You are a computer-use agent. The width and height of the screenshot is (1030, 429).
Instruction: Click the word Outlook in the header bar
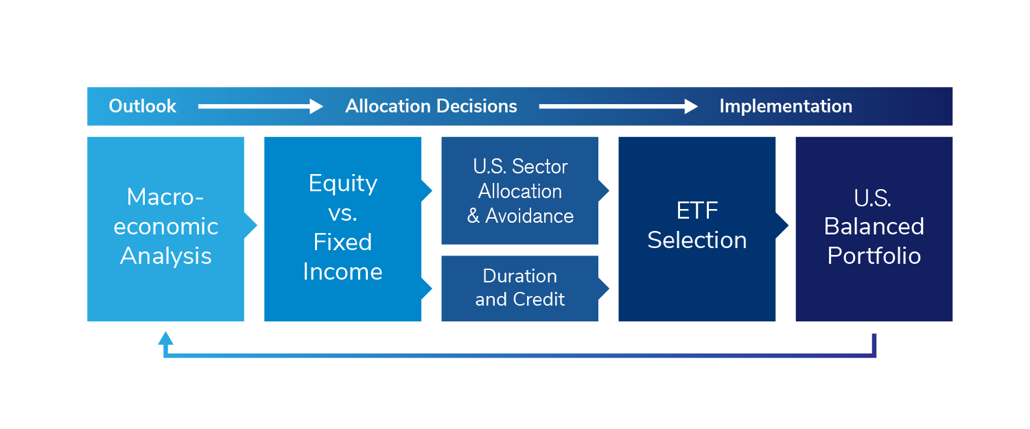tap(143, 106)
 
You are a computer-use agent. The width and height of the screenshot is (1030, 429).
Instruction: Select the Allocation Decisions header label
tap(432, 106)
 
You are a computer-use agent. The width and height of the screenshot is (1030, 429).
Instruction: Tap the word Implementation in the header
tap(786, 106)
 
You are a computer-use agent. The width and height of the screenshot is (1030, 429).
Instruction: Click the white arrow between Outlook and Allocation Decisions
tap(261, 106)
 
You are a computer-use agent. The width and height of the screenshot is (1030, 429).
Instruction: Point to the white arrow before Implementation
tap(618, 106)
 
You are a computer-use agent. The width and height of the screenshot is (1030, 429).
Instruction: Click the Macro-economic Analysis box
tap(165, 229)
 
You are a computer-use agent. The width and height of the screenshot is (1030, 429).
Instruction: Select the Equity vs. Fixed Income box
tap(342, 229)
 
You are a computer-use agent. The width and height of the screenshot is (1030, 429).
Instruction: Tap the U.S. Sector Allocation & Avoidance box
tap(519, 191)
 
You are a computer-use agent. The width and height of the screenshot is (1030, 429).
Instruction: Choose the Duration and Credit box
tap(519, 289)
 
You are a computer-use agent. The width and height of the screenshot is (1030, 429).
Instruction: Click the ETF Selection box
tap(697, 229)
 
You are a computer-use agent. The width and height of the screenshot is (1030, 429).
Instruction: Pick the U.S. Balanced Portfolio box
tap(874, 229)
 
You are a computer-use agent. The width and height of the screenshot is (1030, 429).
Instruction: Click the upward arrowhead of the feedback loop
tap(165, 339)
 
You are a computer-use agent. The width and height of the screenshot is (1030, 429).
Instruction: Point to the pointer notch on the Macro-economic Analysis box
tap(250, 225)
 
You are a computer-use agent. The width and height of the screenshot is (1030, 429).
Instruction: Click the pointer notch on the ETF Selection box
tap(782, 225)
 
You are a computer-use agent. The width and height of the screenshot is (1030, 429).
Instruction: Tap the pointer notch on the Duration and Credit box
tap(604, 289)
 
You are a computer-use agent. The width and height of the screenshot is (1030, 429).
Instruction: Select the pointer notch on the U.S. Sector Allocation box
tap(604, 190)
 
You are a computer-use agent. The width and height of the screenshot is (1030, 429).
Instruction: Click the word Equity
tap(343, 184)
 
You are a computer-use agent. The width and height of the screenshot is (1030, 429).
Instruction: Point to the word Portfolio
tap(874, 256)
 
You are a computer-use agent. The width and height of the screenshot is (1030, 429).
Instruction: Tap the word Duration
tap(520, 276)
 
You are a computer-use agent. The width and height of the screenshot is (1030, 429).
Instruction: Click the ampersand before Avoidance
tap(473, 216)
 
